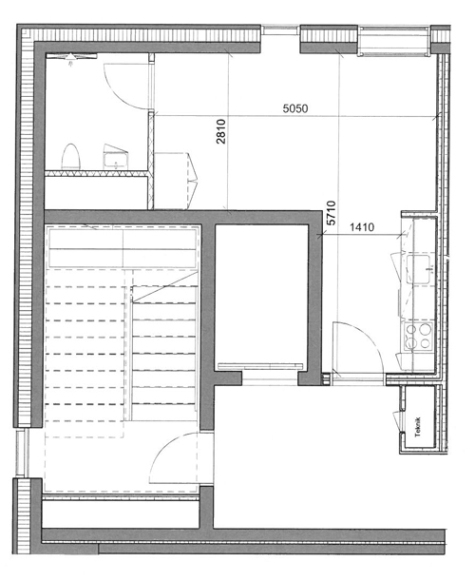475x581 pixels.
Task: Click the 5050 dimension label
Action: pos(295,108)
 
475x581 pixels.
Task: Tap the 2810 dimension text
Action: pos(221,131)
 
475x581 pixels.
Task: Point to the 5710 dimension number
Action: pos(332,213)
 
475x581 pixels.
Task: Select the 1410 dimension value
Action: pos(362,226)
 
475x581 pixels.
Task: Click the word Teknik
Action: pos(418,427)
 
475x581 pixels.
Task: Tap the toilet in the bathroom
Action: pos(70,157)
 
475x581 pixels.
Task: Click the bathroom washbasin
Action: pos(116,157)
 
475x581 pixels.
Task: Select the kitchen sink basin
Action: pos(419,269)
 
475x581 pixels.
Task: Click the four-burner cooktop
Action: pos(418,337)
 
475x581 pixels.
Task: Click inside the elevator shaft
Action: pos(261,293)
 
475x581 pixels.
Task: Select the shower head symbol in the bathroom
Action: pos(70,57)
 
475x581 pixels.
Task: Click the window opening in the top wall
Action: pos(280,30)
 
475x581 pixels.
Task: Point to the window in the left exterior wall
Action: pos(21,453)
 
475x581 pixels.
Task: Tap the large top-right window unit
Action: pos(394,41)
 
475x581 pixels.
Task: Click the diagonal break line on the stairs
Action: pos(165,286)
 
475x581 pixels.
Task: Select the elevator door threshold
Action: pos(260,367)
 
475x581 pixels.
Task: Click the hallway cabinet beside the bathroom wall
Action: pos(174,181)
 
